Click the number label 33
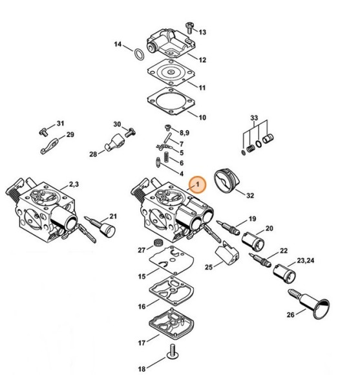pos(254,118)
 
